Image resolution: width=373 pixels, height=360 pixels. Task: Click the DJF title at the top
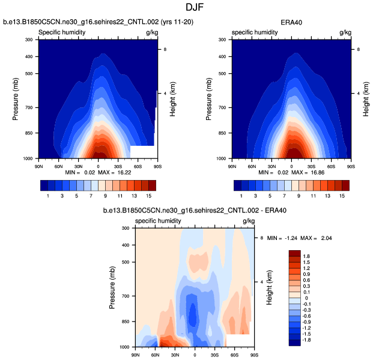click(186, 7)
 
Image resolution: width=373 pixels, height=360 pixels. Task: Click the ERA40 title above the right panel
click(291, 23)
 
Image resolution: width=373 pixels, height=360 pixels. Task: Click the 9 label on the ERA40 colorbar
click(291, 196)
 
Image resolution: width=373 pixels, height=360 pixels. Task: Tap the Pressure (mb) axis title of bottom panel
click(112, 288)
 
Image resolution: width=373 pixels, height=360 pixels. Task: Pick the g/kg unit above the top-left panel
click(151, 32)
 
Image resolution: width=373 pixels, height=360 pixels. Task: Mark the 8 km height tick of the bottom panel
click(261, 238)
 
